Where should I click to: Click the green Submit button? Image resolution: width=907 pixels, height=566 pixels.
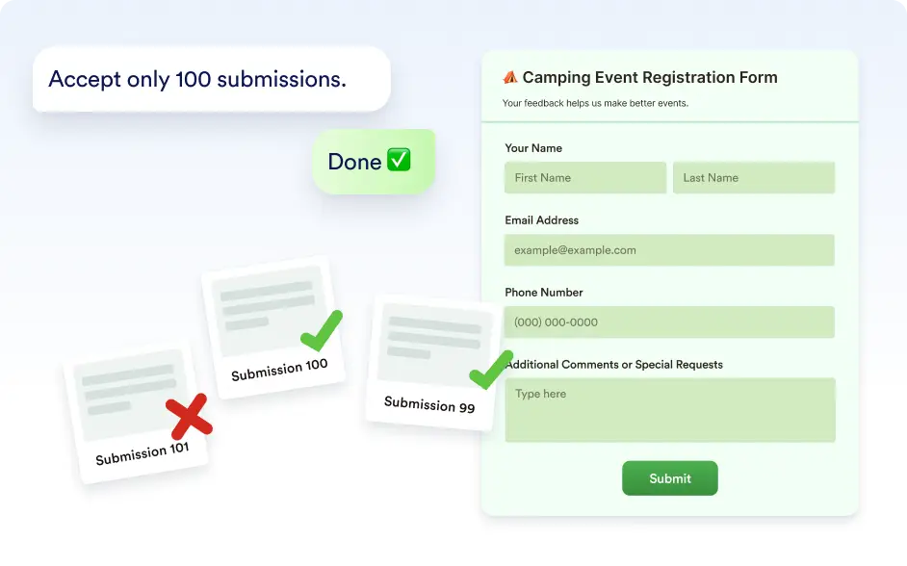click(670, 478)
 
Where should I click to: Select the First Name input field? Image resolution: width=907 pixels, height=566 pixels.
click(585, 177)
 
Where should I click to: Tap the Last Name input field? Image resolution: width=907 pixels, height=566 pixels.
click(754, 177)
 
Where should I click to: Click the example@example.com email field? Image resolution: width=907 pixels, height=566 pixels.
click(669, 249)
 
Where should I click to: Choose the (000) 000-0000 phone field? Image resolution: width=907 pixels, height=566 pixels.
click(669, 322)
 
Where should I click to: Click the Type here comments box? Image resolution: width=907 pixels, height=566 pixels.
click(670, 410)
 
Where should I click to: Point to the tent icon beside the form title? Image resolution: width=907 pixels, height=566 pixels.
click(510, 77)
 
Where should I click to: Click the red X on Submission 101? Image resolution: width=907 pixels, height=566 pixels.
click(189, 416)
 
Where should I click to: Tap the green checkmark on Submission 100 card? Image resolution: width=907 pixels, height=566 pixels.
click(322, 330)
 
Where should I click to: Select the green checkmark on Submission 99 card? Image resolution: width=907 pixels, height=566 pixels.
click(490, 370)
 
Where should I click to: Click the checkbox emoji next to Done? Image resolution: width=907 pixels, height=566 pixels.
click(399, 160)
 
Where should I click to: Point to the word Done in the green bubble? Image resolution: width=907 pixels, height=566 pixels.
click(354, 162)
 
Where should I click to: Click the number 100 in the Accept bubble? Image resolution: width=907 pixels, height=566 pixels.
click(194, 79)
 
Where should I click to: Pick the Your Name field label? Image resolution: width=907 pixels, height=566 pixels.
click(533, 148)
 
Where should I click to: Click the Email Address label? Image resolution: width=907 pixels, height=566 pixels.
click(541, 220)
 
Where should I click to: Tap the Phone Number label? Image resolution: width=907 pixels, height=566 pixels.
click(544, 293)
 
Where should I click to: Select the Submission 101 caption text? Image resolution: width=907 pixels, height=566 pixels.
click(143, 453)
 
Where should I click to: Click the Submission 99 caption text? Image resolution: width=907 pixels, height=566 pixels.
click(429, 404)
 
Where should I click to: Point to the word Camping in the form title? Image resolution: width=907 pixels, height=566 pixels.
click(557, 78)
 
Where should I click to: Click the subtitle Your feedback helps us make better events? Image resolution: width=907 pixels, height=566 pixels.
click(595, 103)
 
